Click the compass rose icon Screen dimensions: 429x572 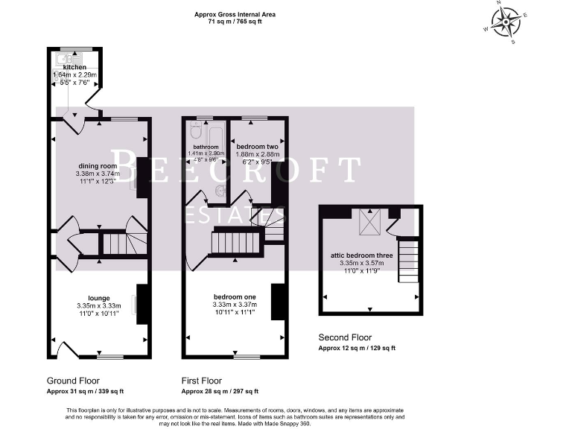(x=506, y=22)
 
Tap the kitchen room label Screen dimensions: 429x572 (x=74, y=68)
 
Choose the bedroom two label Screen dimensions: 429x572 (x=257, y=147)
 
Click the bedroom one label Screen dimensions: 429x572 (x=234, y=296)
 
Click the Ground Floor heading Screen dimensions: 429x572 (x=73, y=380)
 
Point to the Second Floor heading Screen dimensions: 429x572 (x=345, y=337)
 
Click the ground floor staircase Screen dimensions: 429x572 (x=115, y=244)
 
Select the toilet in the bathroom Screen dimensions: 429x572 (x=195, y=132)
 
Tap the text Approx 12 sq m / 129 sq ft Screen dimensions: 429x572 (x=357, y=348)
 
